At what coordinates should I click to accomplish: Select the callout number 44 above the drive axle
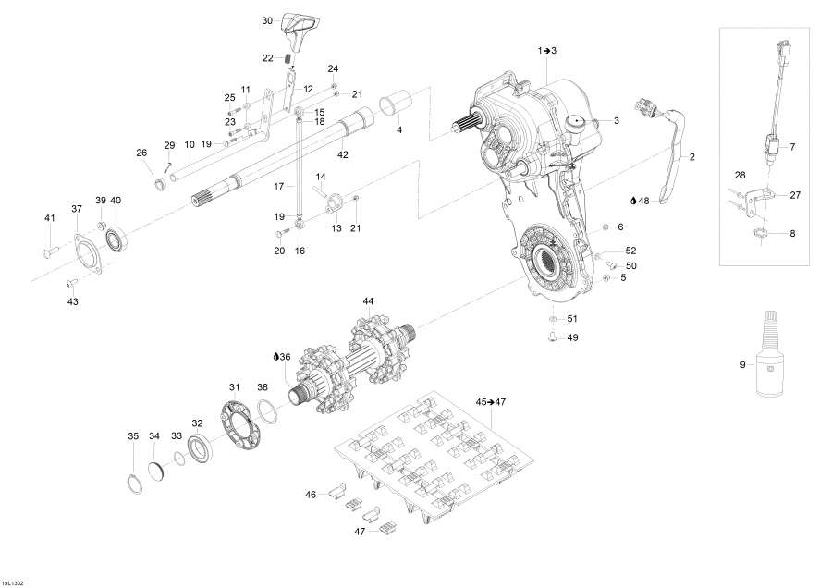[368, 301]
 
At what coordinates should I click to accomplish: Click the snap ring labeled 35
[135, 481]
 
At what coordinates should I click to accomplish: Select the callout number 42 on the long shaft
[343, 153]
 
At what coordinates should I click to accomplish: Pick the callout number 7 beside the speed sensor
[791, 146]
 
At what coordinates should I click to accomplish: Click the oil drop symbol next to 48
[633, 201]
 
